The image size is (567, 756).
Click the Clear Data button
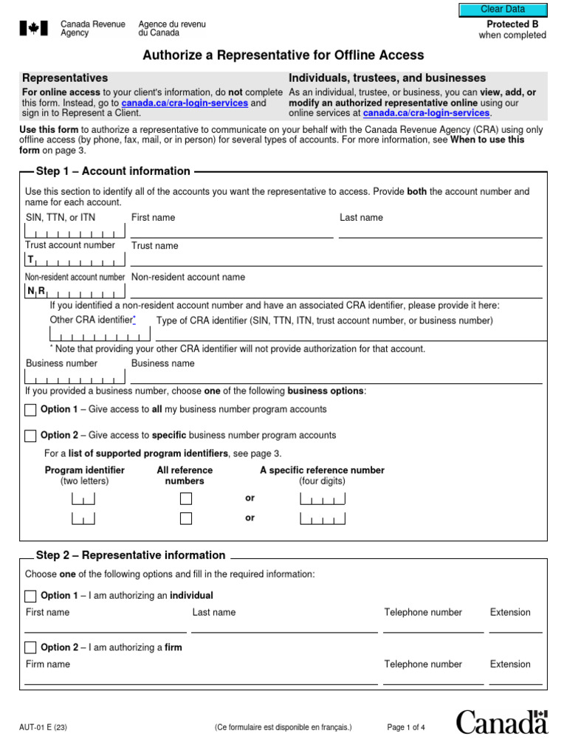coord(503,10)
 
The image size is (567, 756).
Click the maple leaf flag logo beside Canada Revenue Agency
coord(32,29)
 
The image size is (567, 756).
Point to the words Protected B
coord(512,24)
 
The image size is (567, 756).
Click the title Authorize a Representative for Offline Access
coord(283,55)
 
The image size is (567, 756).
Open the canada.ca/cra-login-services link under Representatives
coord(185,103)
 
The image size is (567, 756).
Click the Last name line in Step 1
coord(440,232)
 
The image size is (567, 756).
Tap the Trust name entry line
coord(336,261)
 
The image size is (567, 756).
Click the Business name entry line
coord(336,378)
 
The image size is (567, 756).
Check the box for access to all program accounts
coord(30,410)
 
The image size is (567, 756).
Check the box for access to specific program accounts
coord(30,436)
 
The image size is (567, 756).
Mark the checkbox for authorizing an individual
coord(30,596)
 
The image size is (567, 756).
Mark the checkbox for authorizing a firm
coord(30,647)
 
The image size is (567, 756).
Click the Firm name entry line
coord(199,679)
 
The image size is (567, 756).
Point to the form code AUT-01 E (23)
coord(45,728)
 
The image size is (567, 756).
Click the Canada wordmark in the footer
coord(501,722)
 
